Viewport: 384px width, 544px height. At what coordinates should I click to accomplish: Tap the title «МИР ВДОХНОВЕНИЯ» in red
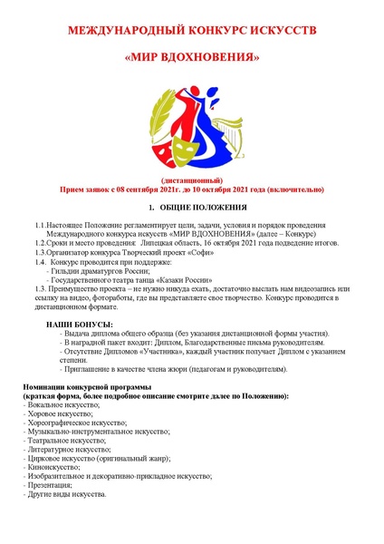pos(191,58)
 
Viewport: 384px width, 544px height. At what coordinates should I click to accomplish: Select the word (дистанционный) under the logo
pos(191,181)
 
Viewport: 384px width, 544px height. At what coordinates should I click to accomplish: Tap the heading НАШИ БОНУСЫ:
pos(80,324)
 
